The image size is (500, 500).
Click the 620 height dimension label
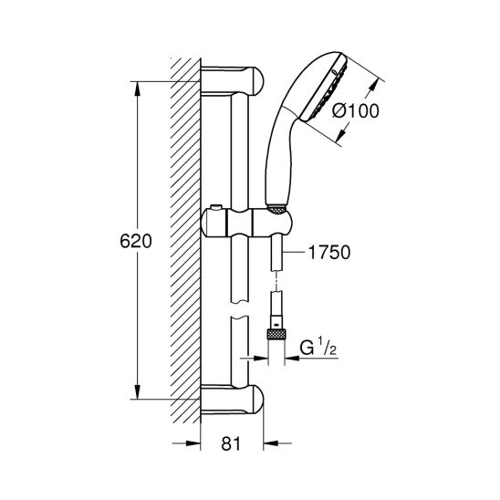pos(136,241)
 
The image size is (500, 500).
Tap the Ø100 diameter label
pos(356,110)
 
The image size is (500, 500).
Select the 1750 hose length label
pos(329,252)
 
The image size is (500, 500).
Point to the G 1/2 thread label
pos(318,348)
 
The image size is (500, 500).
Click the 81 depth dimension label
pos(232,443)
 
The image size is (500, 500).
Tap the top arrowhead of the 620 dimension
pos(137,89)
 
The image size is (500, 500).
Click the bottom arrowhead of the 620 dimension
pos(137,392)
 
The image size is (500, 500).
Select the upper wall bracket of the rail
pos(233,81)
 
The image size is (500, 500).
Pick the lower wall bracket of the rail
pos(233,400)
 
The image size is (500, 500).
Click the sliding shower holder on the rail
pos(246,222)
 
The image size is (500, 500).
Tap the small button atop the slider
pos(216,208)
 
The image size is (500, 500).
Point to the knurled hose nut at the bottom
pos(276,336)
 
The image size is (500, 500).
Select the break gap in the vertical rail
pos(239,308)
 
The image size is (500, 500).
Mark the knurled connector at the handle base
pos(277,209)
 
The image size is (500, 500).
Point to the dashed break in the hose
pos(276,281)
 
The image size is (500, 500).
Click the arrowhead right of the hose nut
pos(292,358)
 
